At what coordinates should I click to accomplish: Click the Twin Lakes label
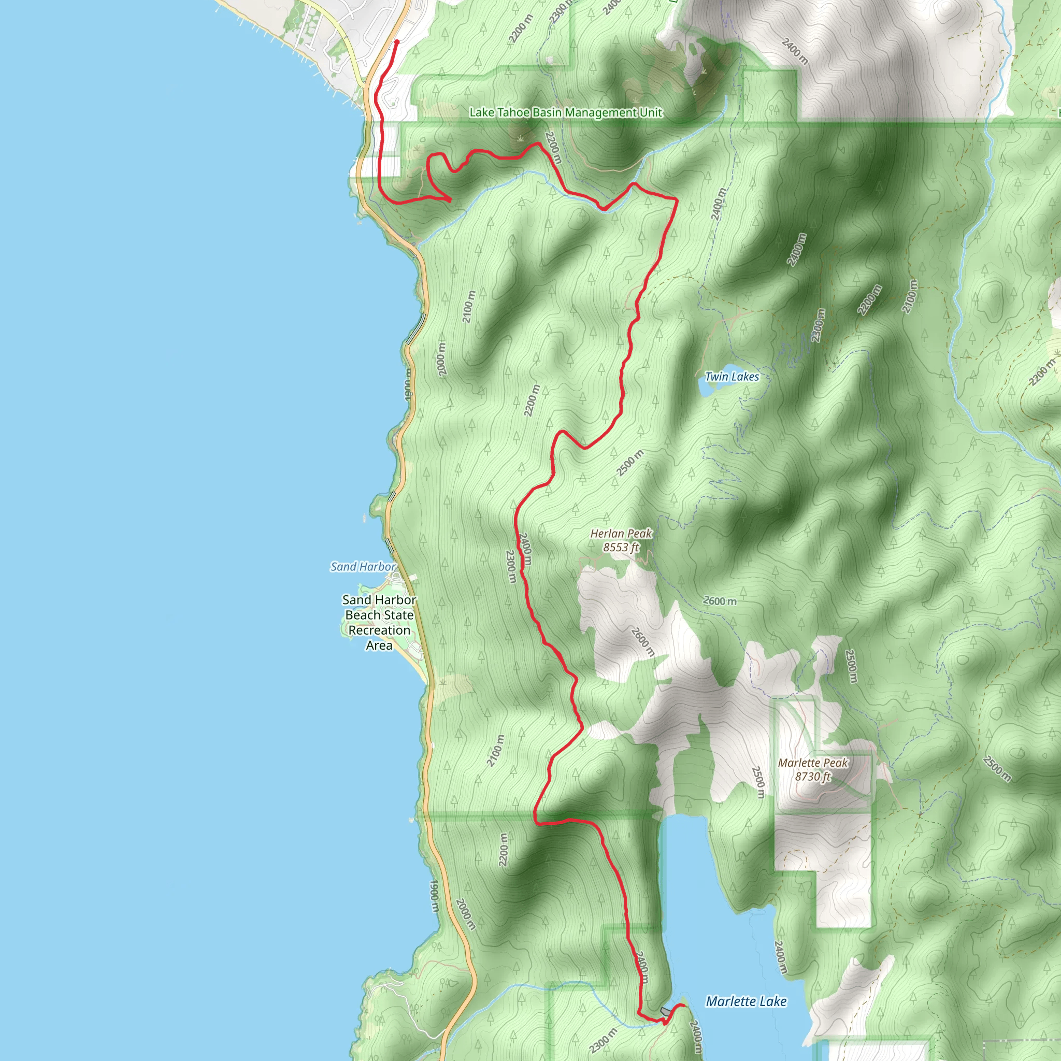click(732, 377)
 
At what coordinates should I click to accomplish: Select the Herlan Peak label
click(621, 533)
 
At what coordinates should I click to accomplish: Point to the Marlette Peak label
click(813, 763)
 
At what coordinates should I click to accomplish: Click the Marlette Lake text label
click(747, 1002)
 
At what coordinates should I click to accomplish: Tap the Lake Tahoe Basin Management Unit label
click(566, 112)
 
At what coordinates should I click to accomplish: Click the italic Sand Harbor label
click(363, 566)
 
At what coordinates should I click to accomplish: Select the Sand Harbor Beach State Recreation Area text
click(379, 623)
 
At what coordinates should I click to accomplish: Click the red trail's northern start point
click(396, 42)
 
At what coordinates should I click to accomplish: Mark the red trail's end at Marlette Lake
click(684, 1005)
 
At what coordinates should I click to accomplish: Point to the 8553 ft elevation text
click(621, 548)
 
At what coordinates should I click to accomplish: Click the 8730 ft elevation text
click(813, 777)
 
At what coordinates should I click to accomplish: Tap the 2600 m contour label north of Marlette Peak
click(720, 601)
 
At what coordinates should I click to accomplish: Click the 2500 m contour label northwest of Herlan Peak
click(630, 463)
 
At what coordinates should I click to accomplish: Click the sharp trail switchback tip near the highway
click(450, 200)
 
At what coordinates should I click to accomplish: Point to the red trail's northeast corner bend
click(676, 199)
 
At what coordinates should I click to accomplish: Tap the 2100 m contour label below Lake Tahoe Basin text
click(468, 307)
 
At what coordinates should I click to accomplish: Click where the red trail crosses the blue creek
click(604, 209)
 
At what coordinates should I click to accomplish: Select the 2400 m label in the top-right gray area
click(795, 51)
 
